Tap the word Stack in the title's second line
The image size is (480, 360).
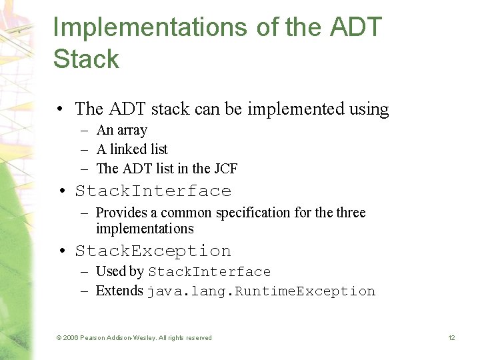pos(86,59)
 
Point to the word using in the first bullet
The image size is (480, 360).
pos(369,109)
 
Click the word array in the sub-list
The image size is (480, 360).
pos(131,131)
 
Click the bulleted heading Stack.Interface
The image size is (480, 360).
pos(153,191)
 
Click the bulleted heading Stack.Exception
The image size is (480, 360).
pos(153,251)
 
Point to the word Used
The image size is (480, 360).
pos(111,271)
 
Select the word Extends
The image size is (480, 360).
pos(119,291)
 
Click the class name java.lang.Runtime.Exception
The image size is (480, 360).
pos(261,291)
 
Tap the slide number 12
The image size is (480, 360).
pos(451,338)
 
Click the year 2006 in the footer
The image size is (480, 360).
pos(71,338)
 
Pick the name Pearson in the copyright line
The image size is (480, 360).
pos(94,338)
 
